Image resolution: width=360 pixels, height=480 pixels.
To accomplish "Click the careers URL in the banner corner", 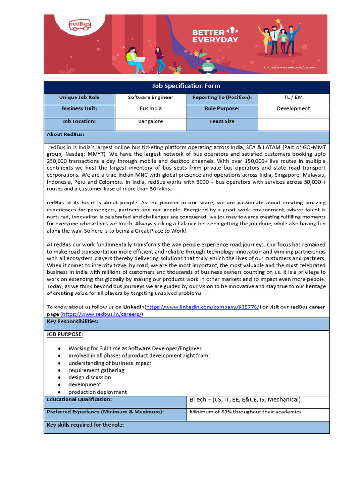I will tap(289, 67).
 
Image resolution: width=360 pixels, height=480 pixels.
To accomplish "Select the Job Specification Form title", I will tap(186, 86).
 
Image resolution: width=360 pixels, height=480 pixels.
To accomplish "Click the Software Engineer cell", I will tap(150, 97).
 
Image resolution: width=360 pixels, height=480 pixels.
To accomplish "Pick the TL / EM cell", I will tap(293, 97).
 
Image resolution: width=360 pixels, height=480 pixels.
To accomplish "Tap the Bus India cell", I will tap(150, 109).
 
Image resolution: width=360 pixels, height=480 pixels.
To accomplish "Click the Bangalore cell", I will tap(150, 121).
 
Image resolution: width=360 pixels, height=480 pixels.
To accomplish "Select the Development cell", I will tap(293, 109).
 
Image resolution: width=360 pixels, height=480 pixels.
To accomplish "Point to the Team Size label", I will tap(222, 121).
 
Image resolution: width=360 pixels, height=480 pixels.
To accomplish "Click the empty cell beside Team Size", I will tap(293, 124).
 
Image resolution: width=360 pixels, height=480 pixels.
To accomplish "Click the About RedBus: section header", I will tap(66, 135).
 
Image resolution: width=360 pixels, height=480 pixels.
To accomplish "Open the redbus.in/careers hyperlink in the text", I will tap(102, 314).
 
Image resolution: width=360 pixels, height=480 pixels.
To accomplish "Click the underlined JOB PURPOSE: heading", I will tap(65, 335).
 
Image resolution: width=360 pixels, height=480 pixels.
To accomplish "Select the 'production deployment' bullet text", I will tap(97, 392).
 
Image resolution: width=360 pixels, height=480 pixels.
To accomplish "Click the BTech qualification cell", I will tap(245, 400).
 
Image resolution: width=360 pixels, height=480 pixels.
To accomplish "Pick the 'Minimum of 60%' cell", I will tap(245, 412).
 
